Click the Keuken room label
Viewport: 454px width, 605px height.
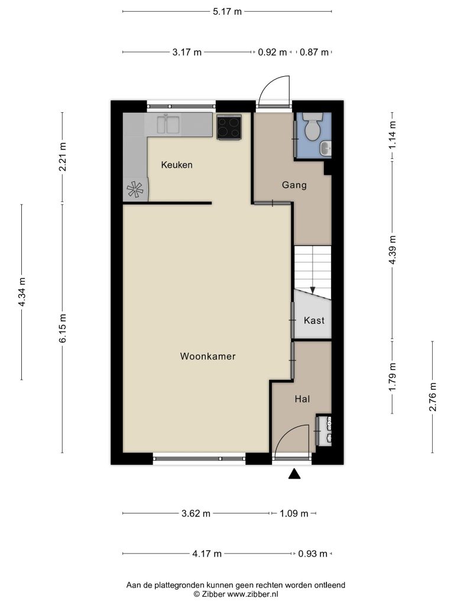(176, 165)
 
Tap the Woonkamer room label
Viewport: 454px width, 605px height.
(207, 356)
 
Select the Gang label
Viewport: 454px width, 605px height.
(294, 185)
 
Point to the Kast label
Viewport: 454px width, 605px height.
(314, 320)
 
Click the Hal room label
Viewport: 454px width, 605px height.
(302, 399)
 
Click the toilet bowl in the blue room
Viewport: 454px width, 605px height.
(312, 126)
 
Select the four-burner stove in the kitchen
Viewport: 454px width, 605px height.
(229, 127)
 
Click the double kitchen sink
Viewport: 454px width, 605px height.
(168, 124)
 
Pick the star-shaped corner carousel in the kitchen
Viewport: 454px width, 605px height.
(135, 189)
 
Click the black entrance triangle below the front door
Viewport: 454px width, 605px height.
(294, 474)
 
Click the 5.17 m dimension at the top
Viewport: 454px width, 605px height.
(227, 12)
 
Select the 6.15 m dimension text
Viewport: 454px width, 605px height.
(63, 328)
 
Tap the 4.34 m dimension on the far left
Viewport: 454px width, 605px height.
(22, 292)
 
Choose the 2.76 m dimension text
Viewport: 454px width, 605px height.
(433, 396)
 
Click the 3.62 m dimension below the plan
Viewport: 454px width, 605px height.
(196, 513)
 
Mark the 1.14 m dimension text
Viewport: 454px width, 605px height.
(393, 135)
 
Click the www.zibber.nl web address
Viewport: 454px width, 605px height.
(252, 594)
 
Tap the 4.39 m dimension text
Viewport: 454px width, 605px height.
(393, 250)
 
